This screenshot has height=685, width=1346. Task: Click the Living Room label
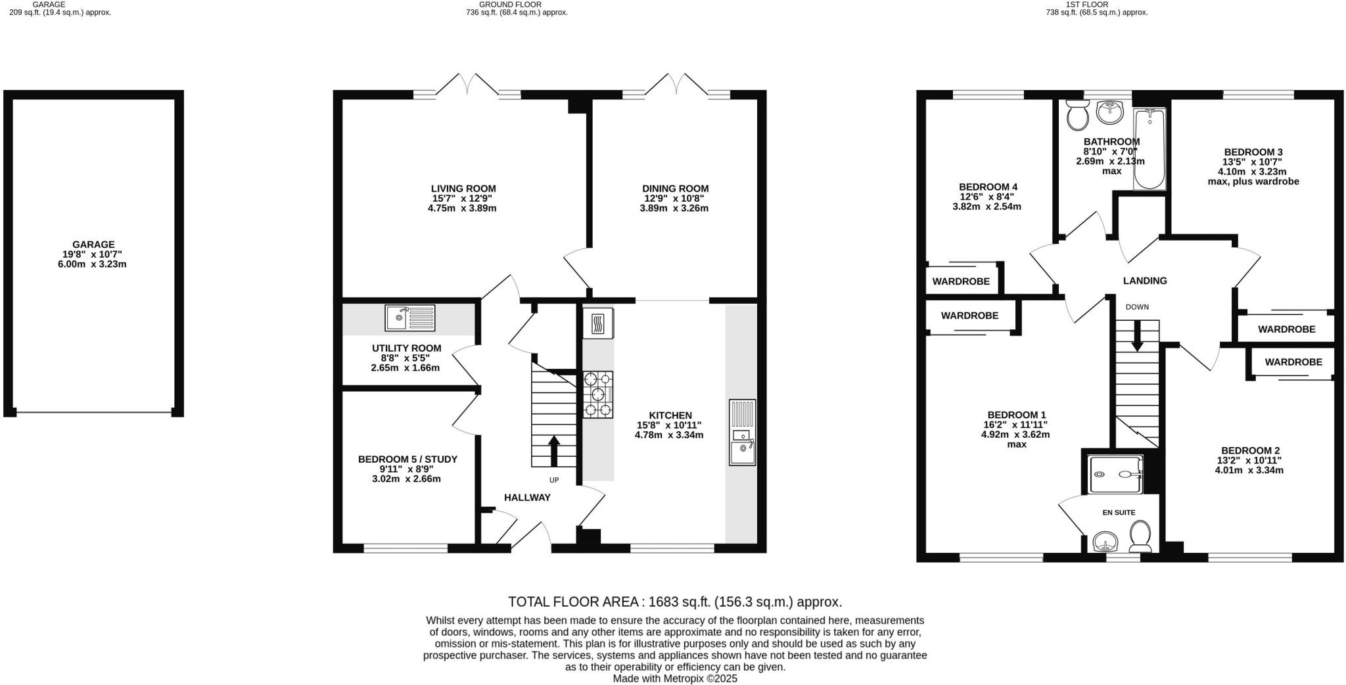(x=463, y=189)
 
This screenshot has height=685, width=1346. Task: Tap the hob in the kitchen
(x=597, y=394)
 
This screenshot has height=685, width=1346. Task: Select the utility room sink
(x=409, y=318)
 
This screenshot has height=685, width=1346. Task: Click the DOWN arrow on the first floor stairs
(x=1137, y=336)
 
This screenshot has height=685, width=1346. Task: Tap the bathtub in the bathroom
(x=1149, y=149)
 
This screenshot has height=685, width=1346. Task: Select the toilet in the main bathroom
(x=1077, y=116)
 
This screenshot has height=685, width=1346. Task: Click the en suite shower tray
(x=1115, y=474)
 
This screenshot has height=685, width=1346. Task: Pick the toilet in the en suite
(x=1140, y=537)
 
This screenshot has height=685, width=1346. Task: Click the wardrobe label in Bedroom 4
(x=961, y=281)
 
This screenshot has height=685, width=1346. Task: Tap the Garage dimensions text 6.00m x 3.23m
(x=92, y=264)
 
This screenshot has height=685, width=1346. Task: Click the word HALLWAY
(x=527, y=498)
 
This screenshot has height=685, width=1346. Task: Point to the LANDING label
(x=1145, y=281)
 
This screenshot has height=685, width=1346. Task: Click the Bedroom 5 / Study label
(x=407, y=460)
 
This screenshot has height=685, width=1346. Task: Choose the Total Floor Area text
(x=675, y=602)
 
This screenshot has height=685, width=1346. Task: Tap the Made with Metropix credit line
(x=675, y=678)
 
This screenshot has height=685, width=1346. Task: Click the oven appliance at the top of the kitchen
(x=597, y=323)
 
